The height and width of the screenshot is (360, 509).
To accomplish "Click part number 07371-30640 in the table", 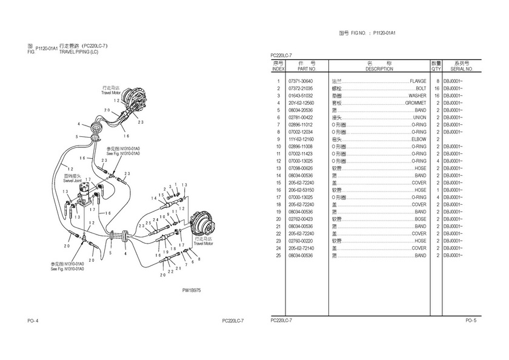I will (301, 81).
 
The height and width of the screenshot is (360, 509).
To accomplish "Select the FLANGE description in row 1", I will (418, 81).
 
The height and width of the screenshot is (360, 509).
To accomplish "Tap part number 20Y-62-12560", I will (301, 102).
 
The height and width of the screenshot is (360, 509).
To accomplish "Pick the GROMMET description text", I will (415, 102).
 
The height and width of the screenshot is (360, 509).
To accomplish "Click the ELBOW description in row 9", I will (419, 139).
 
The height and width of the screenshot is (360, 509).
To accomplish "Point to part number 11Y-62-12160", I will (301, 139).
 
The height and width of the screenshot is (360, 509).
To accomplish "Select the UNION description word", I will (419, 117).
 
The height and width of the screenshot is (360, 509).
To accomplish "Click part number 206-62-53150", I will (301, 190).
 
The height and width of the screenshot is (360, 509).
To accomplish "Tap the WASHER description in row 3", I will (417, 95).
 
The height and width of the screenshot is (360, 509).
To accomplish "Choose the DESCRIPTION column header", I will (379, 69).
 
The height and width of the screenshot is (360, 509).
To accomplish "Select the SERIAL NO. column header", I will (462, 69).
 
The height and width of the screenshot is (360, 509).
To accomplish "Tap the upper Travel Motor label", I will (111, 93).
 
